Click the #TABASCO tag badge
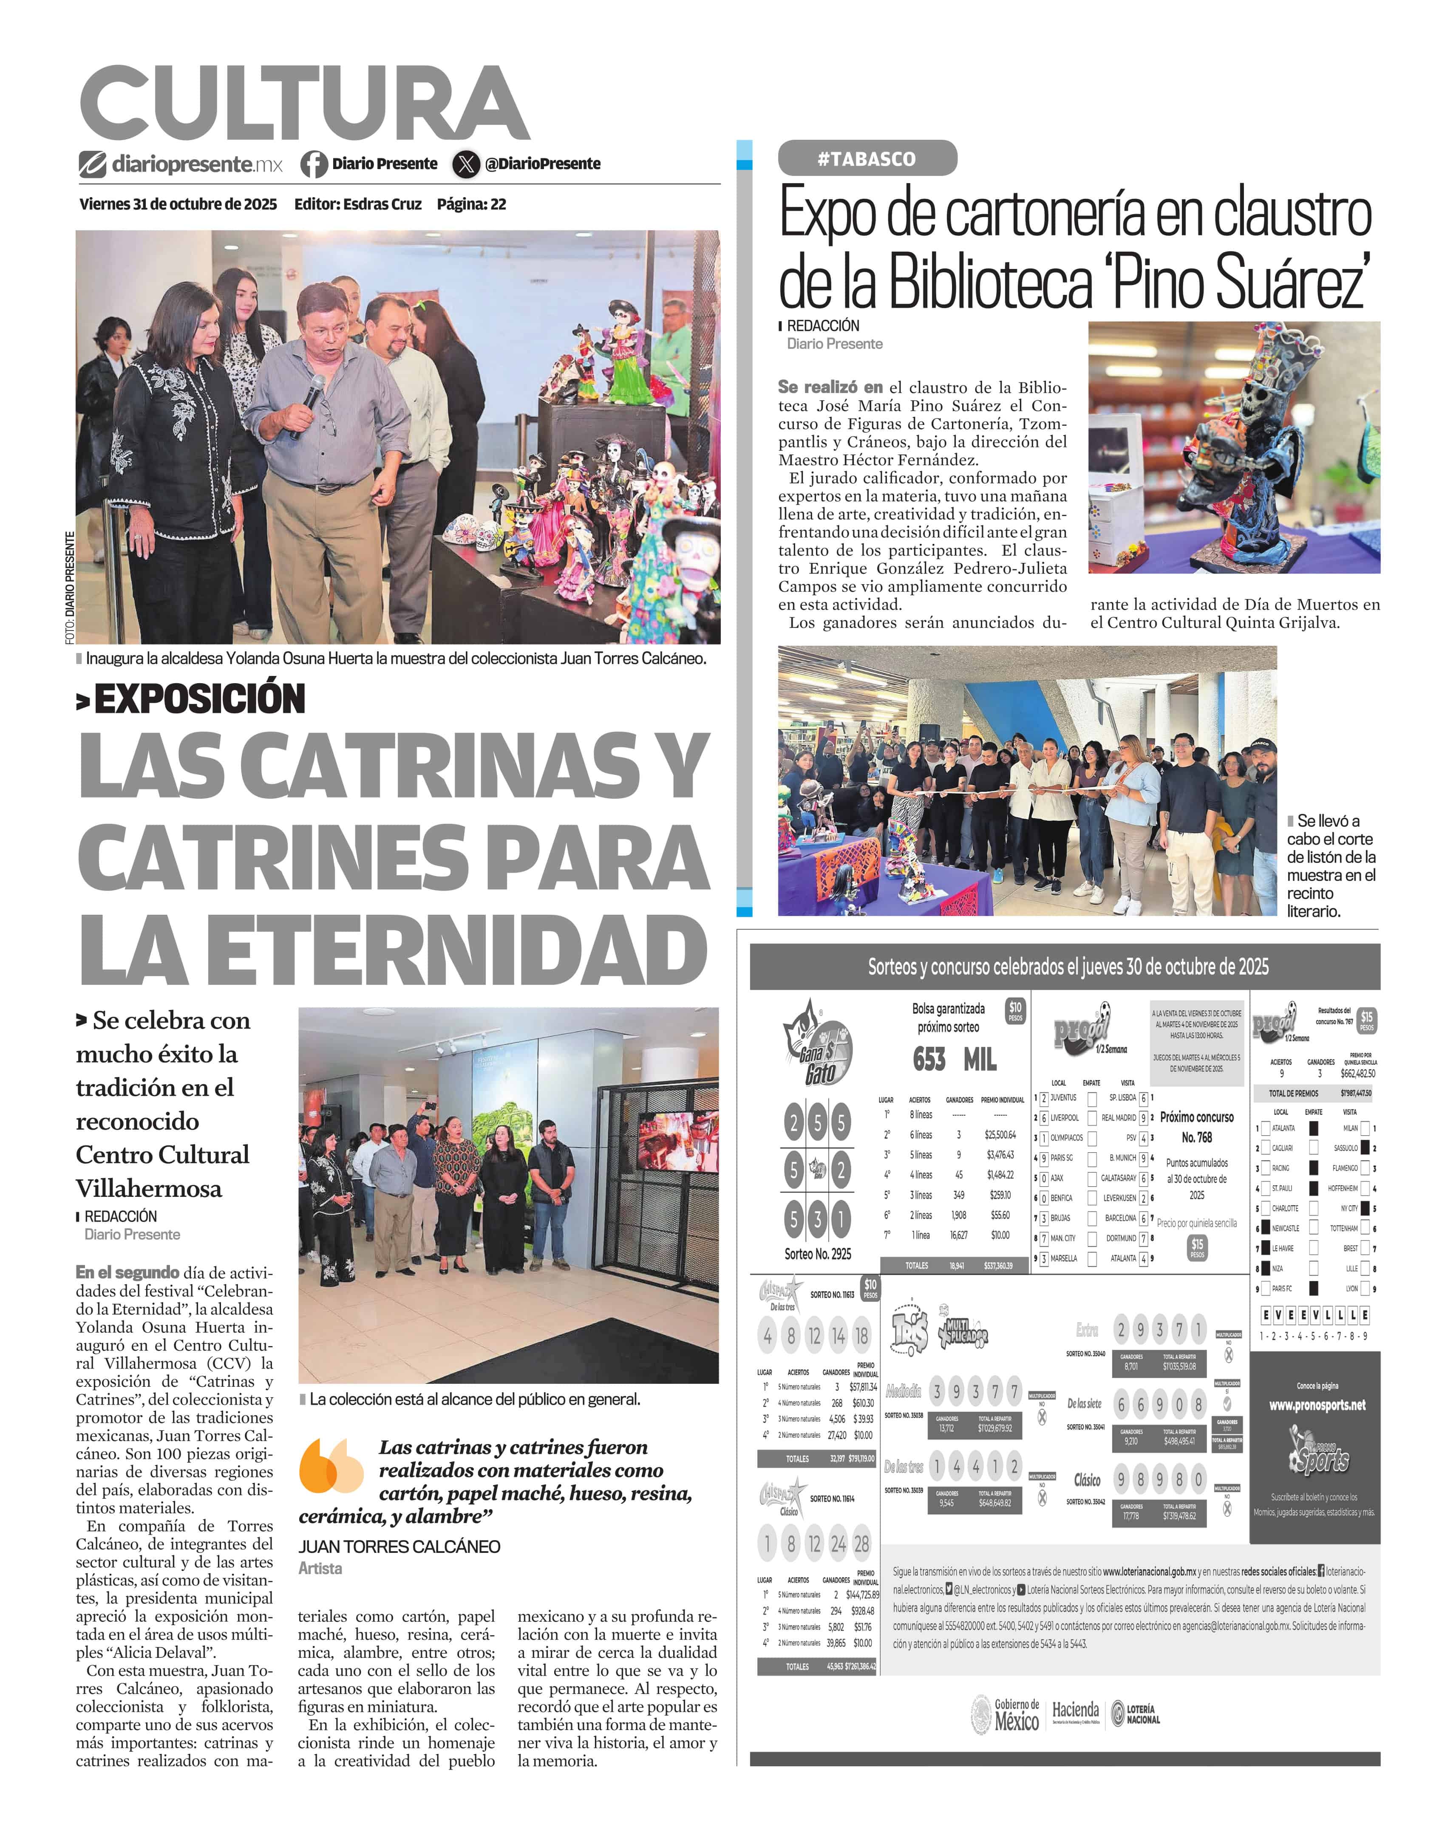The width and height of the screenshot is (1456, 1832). pos(867,159)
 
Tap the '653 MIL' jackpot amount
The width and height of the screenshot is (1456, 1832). pos(954,1060)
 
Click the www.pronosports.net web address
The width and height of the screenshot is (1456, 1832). pos(1317,1405)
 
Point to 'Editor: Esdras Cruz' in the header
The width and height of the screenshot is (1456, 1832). pos(358,204)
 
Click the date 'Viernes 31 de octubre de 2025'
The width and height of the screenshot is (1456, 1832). pos(178,204)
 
